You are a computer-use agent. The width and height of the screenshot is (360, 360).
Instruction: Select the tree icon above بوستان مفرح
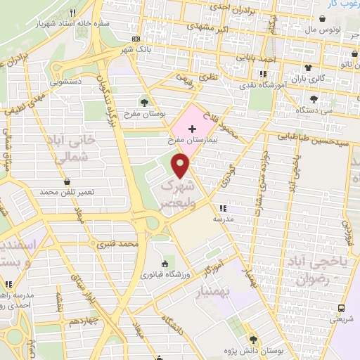[x=145, y=102]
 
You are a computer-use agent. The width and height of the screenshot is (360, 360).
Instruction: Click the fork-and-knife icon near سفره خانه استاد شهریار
[x=73, y=13]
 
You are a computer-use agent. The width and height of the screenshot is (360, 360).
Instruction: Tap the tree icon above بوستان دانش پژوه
[x=252, y=337]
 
